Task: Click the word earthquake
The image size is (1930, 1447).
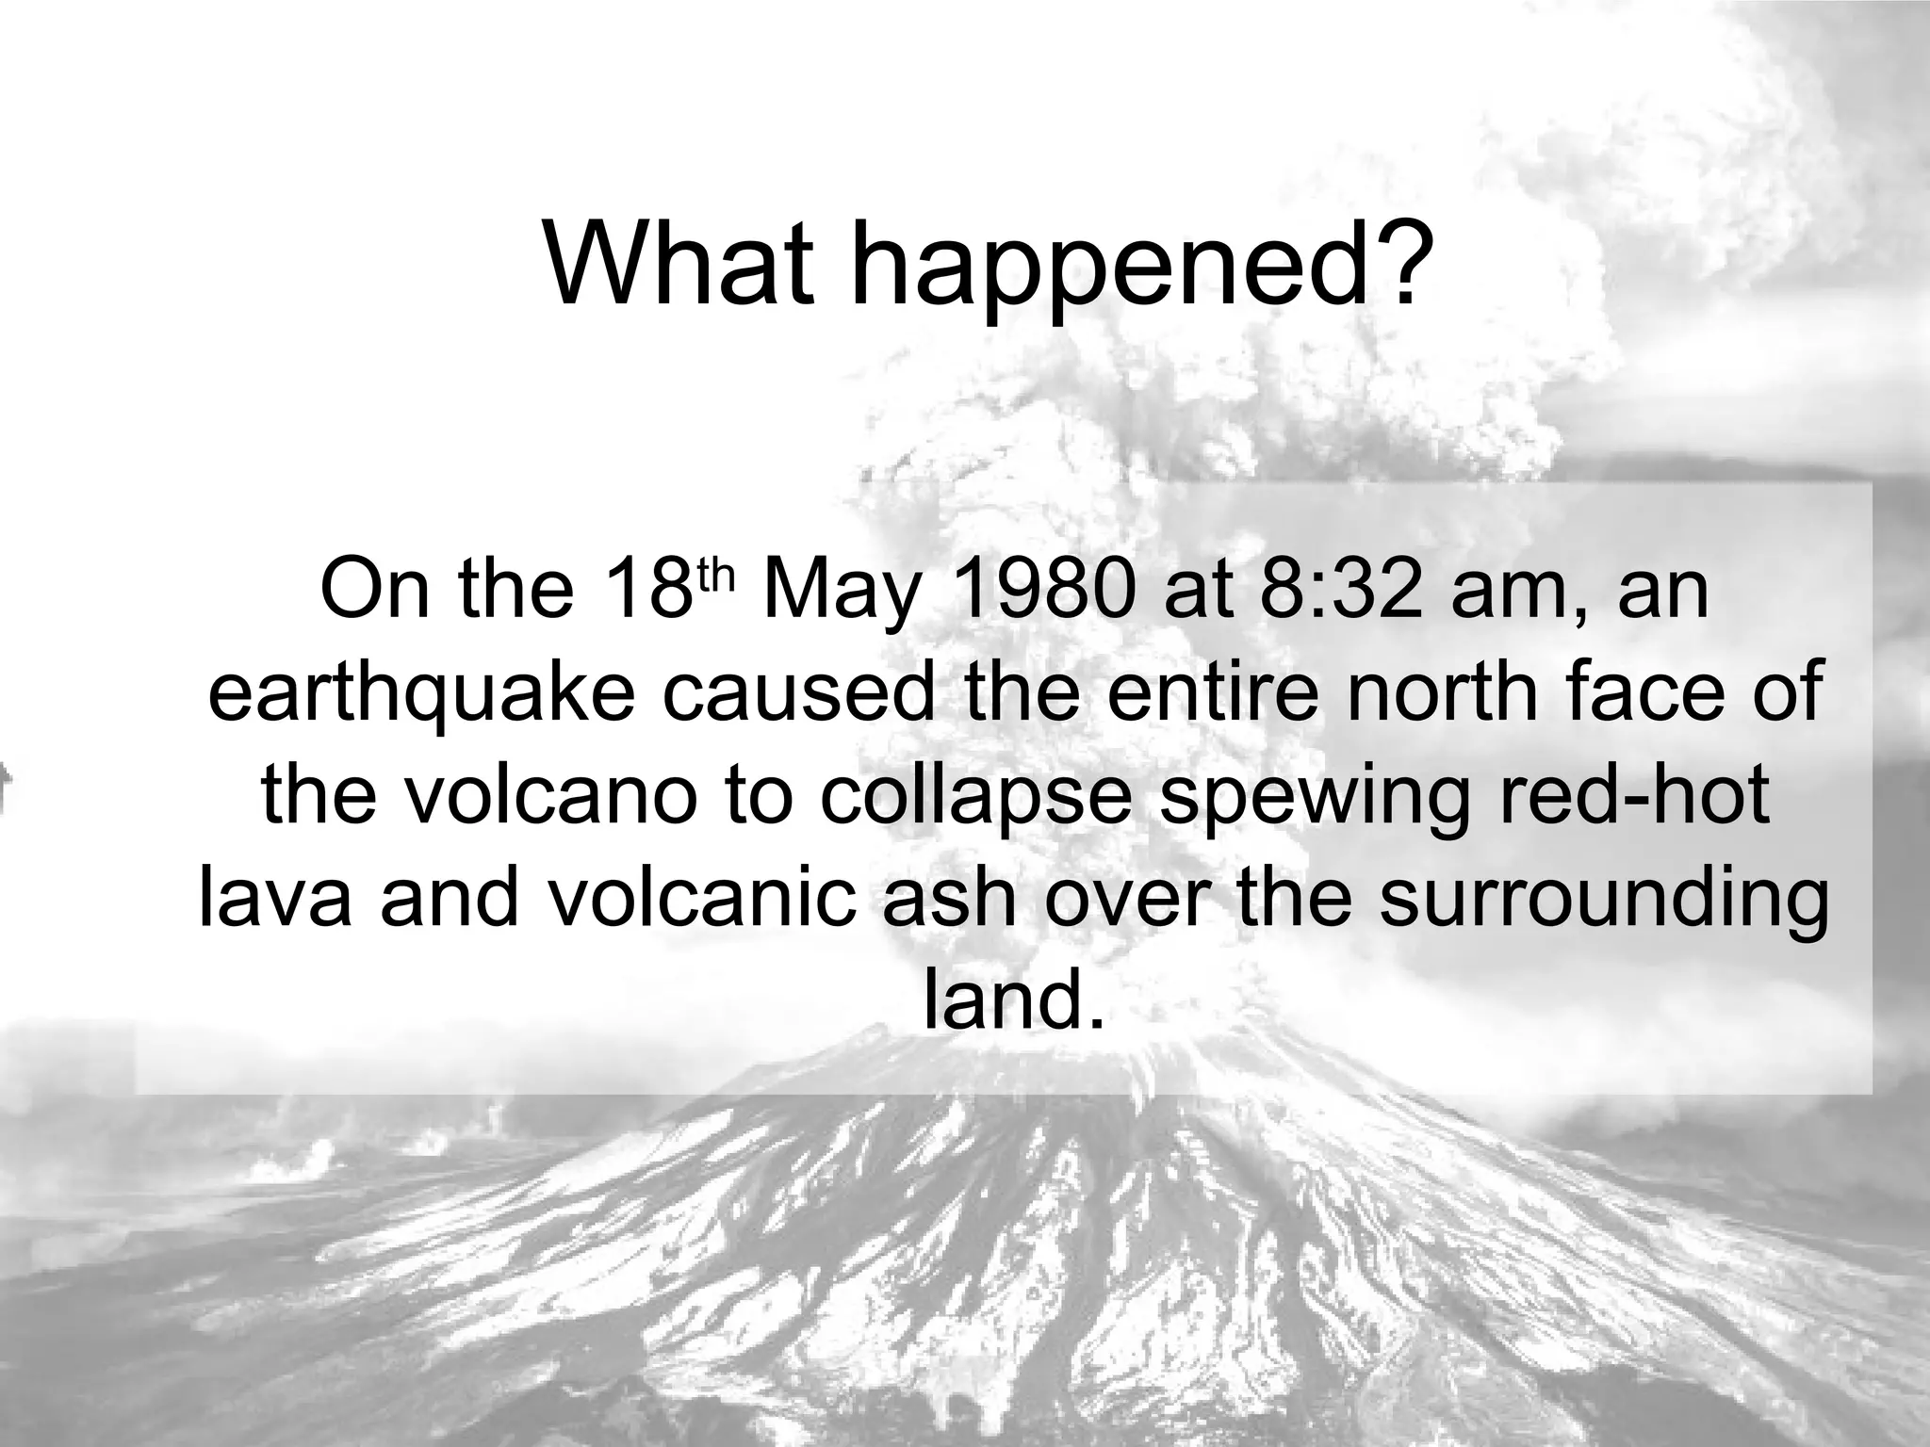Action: [x=422, y=695]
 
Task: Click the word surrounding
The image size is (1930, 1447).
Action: [x=1602, y=900]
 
